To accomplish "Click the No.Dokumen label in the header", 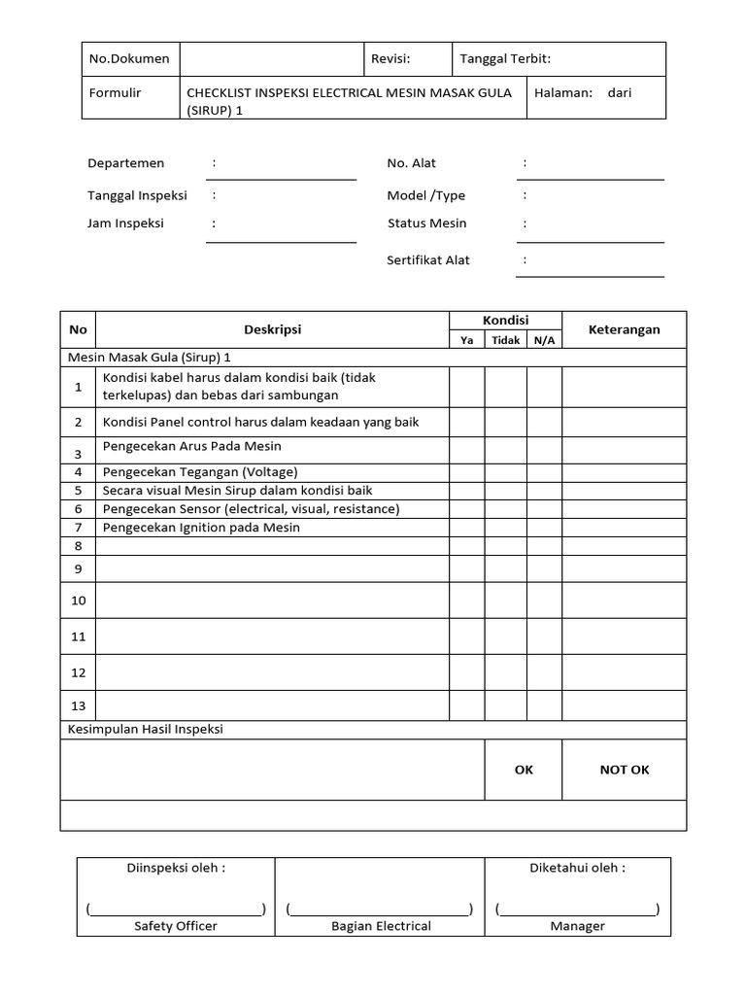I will [x=129, y=59].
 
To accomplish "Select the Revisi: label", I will [x=390, y=59].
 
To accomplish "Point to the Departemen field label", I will [x=126, y=163].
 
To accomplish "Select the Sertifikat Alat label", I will [x=428, y=260].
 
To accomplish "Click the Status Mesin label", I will [x=426, y=223].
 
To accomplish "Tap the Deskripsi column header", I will [x=272, y=329].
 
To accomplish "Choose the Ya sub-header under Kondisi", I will [x=466, y=340].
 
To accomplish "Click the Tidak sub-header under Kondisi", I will [x=505, y=340].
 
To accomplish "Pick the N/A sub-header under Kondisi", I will [x=544, y=340].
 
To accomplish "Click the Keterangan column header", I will [x=624, y=329].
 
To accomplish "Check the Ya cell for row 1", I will [x=466, y=387].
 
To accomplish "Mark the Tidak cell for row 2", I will [x=505, y=423].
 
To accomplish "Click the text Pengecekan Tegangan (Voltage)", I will [x=200, y=471].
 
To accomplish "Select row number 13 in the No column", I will [x=78, y=705].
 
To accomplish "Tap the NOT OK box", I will [x=624, y=770].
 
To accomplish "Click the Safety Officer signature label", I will [x=176, y=926].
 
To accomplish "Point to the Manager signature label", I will [x=577, y=926].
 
